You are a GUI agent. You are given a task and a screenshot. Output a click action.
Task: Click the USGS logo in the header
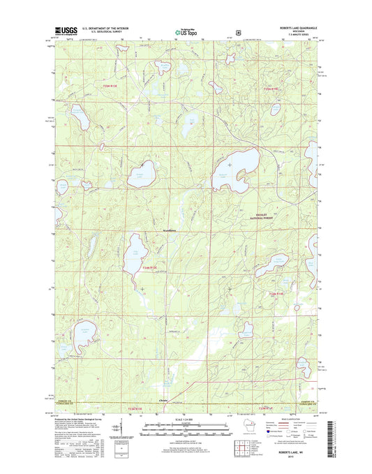tap(65, 31)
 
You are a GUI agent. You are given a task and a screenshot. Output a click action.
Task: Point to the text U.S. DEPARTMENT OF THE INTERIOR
tap(107, 28)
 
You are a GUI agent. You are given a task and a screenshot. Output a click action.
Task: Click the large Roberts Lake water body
tap(235, 170)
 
